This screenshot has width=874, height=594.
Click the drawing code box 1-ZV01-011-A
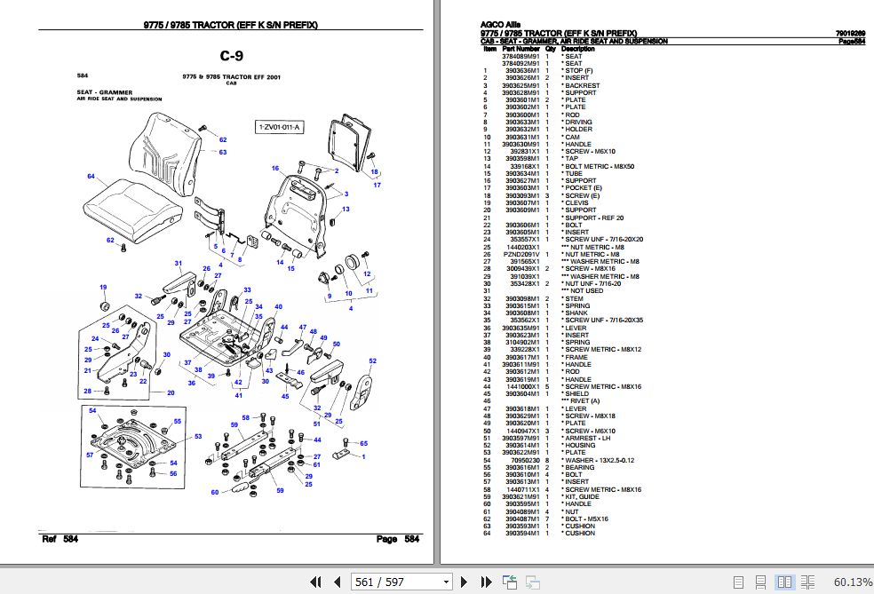tap(280, 128)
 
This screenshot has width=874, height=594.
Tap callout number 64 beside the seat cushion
tap(91, 177)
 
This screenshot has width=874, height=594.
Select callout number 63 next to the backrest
tap(223, 153)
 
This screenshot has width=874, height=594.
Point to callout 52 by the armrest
tap(372, 360)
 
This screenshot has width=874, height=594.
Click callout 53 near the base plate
tap(198, 436)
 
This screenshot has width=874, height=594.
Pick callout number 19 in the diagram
tap(103, 287)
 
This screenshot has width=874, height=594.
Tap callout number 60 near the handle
tap(215, 492)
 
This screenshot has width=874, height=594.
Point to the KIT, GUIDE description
tap(583, 496)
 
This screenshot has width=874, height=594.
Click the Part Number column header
tap(520, 50)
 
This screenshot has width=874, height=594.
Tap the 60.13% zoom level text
tap(852, 582)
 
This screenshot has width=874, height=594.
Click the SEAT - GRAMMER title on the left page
tap(99, 91)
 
